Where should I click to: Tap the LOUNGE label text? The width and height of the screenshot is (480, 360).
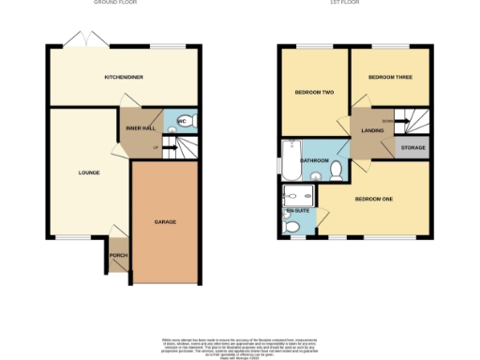pyautogui.click(x=89, y=172)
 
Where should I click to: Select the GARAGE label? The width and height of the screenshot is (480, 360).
pyautogui.click(x=165, y=222)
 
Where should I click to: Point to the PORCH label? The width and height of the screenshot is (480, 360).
pyautogui.click(x=118, y=255)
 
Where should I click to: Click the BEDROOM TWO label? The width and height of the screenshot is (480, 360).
pyautogui.click(x=314, y=92)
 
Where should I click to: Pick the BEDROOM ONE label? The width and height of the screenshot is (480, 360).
pyautogui.click(x=373, y=199)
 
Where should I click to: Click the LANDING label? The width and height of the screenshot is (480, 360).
pyautogui.click(x=373, y=130)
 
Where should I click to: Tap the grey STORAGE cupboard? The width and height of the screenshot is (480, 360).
pyautogui.click(x=412, y=148)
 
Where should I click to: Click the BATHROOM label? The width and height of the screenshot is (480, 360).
pyautogui.click(x=314, y=160)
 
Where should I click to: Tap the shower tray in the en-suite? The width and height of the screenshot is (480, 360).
pyautogui.click(x=298, y=195)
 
